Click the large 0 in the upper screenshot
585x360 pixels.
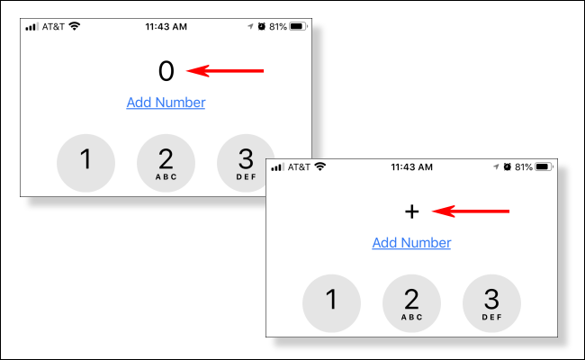point(166,70)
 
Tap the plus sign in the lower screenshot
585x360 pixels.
point(411,211)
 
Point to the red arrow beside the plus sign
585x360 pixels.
point(471,211)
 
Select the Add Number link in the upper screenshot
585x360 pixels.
point(166,103)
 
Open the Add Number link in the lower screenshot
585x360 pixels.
point(411,243)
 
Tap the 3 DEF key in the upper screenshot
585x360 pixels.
point(245,163)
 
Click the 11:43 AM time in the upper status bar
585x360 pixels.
point(166,27)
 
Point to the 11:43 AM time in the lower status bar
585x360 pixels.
point(412,167)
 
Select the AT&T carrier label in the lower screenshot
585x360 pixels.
point(298,167)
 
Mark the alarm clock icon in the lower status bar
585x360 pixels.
point(508,167)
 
